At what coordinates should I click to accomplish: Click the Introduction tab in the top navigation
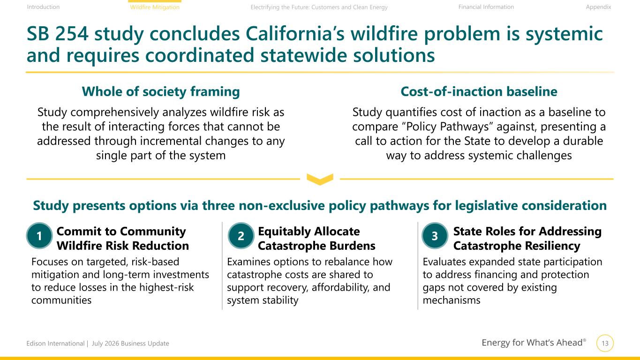43,7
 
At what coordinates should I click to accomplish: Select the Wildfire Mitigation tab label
155,7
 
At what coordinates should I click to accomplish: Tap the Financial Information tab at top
486,7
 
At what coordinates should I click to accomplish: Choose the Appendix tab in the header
598,7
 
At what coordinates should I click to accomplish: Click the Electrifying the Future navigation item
319,7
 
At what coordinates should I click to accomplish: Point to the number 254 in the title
71,34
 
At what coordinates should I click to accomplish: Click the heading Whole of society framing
160,91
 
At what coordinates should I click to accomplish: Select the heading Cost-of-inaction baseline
479,91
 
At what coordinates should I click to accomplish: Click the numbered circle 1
39,236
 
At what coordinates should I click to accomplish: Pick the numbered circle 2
241,236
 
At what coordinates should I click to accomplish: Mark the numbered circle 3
435,236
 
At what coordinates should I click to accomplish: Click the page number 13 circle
605,343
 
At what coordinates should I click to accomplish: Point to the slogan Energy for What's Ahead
534,342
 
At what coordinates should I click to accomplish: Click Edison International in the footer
55,343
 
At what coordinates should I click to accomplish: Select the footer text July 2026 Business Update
130,343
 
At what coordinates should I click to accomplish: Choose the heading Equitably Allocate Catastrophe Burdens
316,238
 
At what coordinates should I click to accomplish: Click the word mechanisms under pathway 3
452,300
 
